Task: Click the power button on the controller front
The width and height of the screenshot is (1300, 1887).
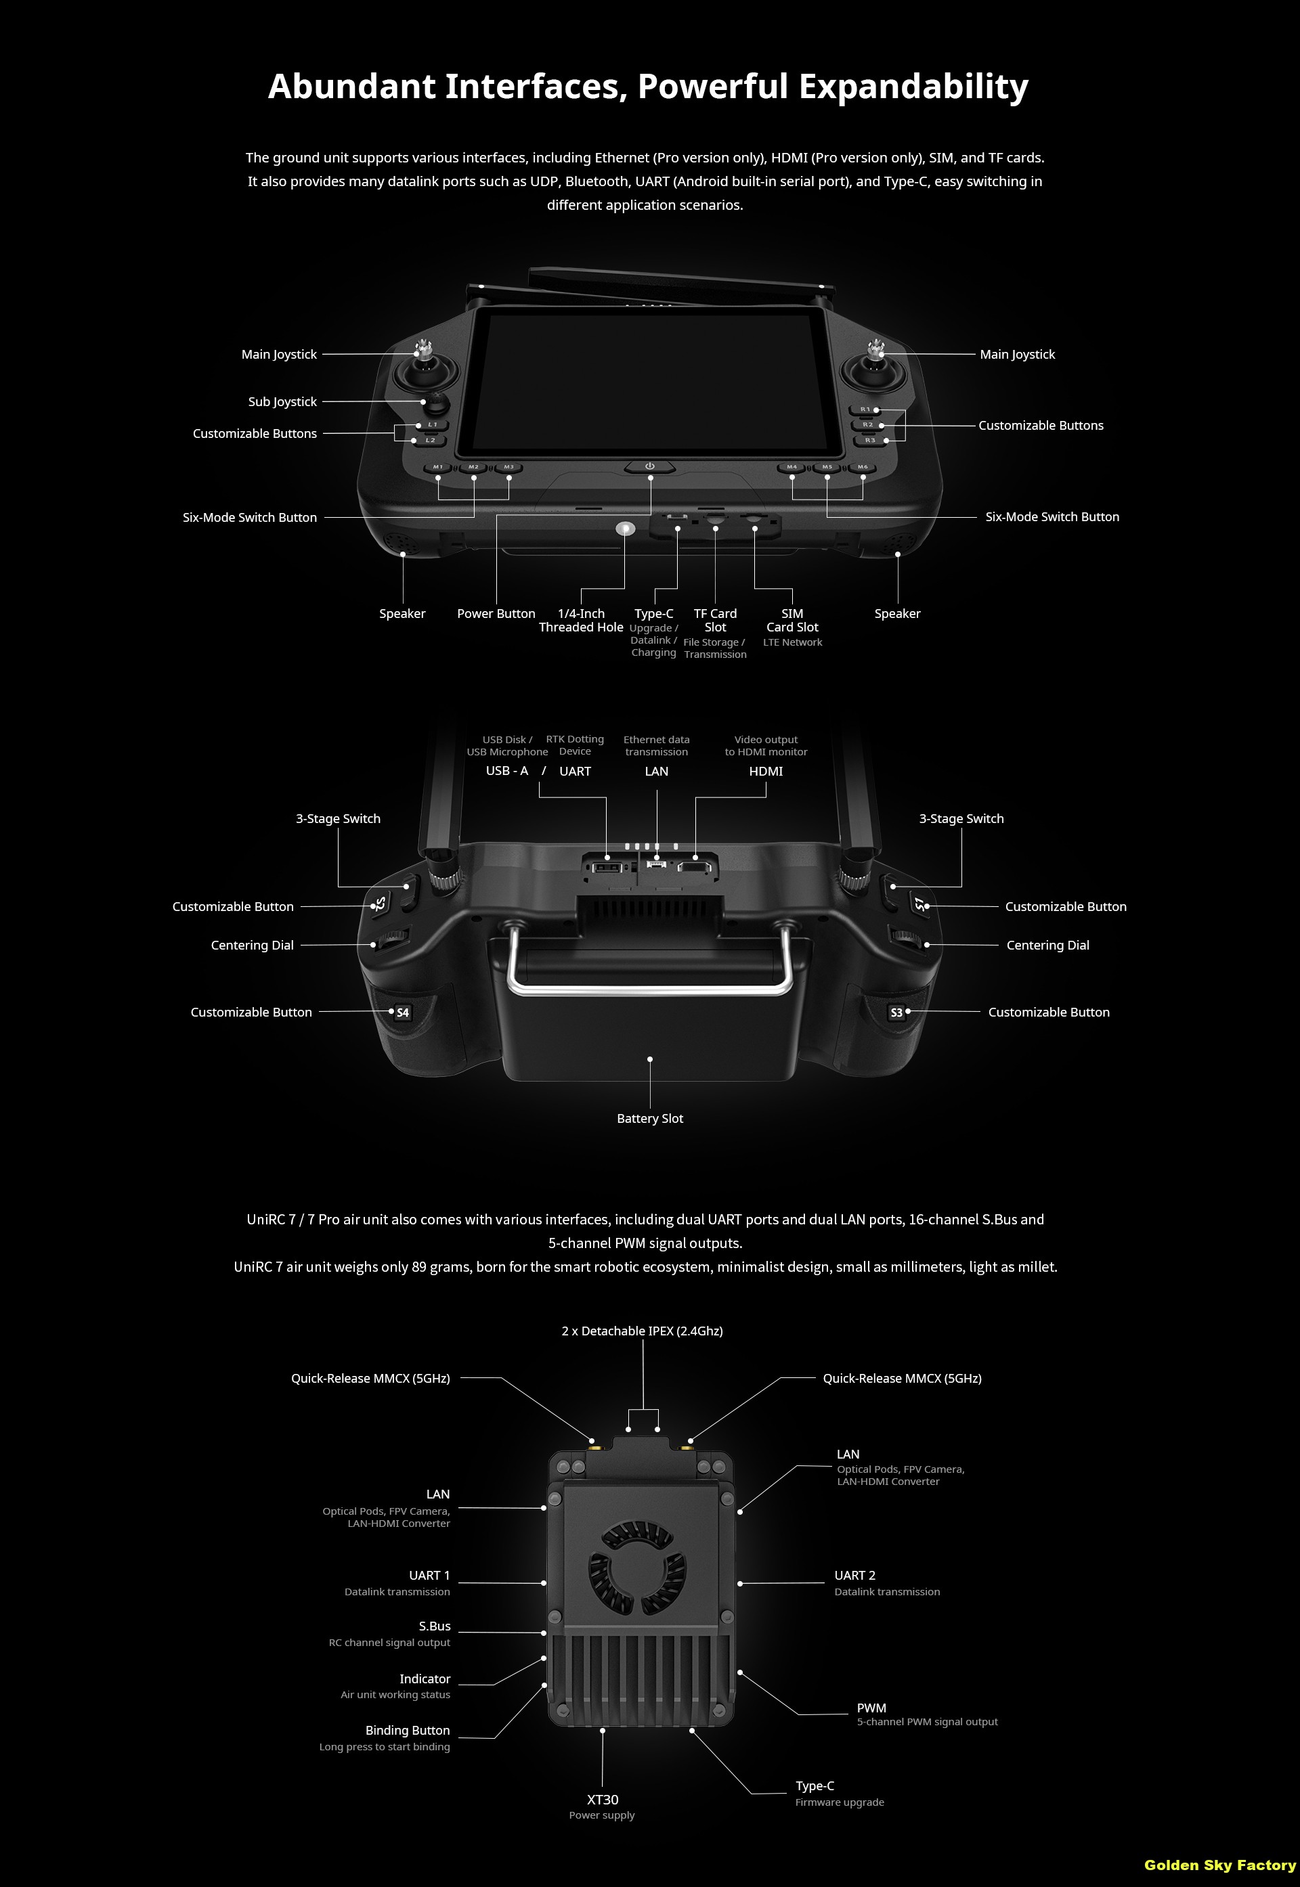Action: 650,466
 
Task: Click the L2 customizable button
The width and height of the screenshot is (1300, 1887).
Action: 430,441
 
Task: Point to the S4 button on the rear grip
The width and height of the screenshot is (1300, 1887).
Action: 402,1013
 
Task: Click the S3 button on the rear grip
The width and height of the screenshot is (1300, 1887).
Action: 897,1013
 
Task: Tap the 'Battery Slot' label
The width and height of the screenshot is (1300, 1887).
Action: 650,1119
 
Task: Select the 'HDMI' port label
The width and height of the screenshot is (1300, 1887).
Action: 766,771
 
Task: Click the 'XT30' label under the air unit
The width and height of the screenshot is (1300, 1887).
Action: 603,1799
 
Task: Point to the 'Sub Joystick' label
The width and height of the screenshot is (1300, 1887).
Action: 282,401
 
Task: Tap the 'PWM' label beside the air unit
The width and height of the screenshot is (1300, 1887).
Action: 871,1708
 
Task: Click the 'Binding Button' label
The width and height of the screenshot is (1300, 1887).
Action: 408,1730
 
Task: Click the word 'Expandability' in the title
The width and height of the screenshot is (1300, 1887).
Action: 913,86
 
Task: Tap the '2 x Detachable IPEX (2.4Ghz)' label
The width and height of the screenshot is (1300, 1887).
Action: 643,1331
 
